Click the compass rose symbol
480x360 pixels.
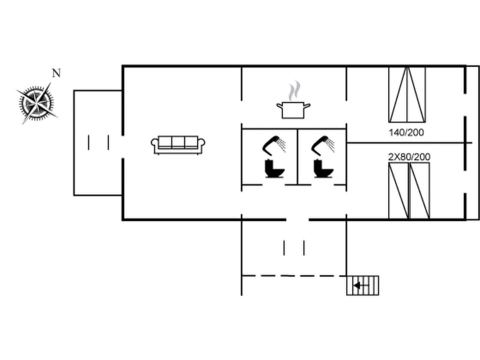[x=36, y=103]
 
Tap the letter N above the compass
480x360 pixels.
[x=56, y=73]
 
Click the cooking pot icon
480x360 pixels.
[x=293, y=110]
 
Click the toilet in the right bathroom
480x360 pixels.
[x=323, y=168]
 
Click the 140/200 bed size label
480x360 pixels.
[x=406, y=132]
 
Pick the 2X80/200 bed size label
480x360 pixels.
[x=409, y=157]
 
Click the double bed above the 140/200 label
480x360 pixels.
[x=407, y=94]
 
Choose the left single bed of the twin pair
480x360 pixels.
[x=398, y=190]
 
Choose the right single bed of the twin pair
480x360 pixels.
[x=419, y=190]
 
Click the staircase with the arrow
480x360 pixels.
[x=362, y=285]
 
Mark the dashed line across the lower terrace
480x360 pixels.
[x=293, y=275]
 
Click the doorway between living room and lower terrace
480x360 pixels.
[x=297, y=219]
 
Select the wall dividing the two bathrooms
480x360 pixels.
[x=298, y=156]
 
